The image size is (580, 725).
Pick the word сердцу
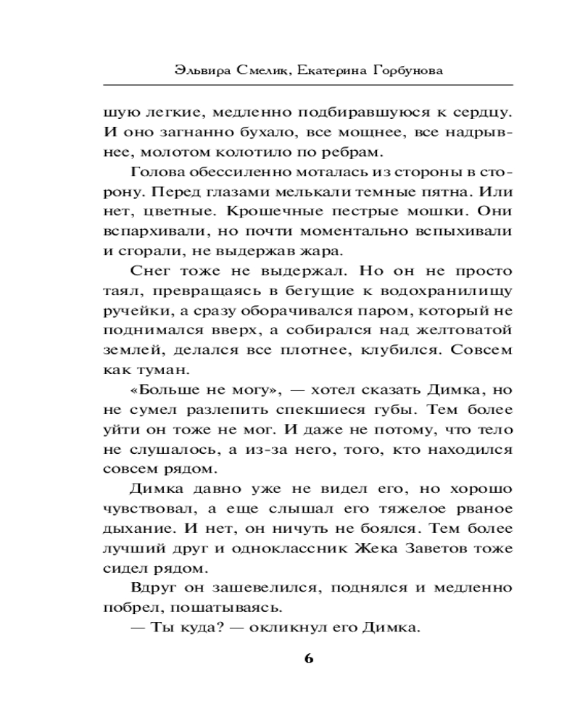point(478,113)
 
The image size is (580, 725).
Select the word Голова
point(158,173)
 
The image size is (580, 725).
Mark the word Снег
point(150,271)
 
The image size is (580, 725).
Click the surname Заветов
point(442,547)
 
